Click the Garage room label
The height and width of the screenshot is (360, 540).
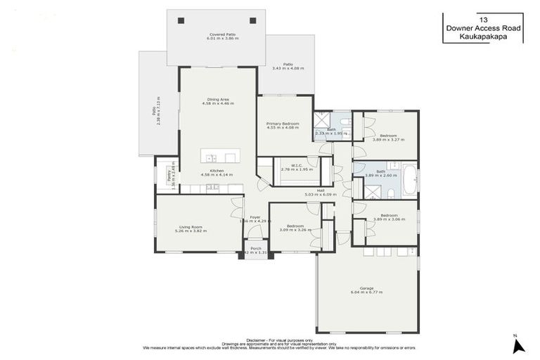pos(366,288)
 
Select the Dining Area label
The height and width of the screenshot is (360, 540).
pos(217,99)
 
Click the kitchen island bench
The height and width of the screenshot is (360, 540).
pos(219,155)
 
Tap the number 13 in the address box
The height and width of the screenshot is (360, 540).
pos(482,20)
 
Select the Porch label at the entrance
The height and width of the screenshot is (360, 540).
pos(256,248)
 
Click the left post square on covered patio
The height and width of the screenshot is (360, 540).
pos(181,20)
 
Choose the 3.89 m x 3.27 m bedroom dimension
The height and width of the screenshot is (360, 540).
pos(389,140)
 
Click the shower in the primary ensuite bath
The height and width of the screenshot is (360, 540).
pos(323,120)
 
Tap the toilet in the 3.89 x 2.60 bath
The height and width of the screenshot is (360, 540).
pos(359,170)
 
